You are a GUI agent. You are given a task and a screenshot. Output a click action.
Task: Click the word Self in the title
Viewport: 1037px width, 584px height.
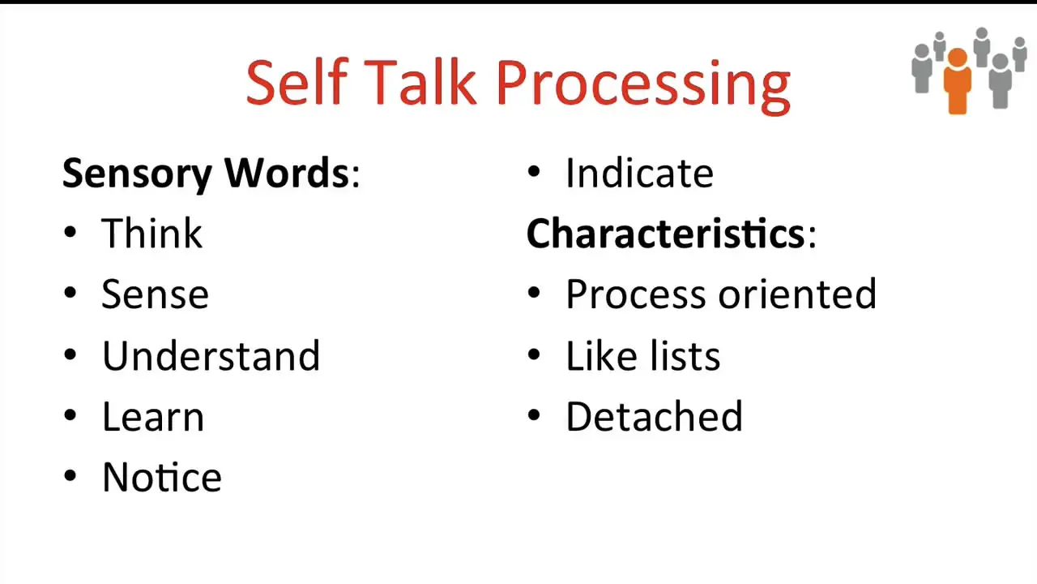tap(297, 83)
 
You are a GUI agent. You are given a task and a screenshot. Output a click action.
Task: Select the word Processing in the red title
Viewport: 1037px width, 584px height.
tap(643, 87)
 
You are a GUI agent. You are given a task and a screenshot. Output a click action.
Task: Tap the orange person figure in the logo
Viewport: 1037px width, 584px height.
tap(958, 82)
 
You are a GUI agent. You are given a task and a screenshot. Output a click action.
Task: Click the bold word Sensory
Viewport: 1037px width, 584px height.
tap(137, 174)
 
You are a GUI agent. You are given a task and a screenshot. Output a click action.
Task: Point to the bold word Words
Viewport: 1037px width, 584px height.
tap(287, 173)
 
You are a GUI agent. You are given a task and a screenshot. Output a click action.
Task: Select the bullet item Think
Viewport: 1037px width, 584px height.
tap(151, 233)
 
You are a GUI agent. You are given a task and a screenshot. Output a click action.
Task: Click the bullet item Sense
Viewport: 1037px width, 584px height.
tap(155, 294)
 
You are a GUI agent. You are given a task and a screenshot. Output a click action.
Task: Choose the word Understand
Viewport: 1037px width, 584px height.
tap(211, 355)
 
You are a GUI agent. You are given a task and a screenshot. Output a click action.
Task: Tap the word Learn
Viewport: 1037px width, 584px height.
tap(153, 417)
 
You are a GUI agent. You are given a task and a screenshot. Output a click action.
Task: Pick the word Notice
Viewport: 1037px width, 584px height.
tap(162, 477)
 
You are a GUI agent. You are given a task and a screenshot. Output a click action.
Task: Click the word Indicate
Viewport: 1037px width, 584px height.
tap(639, 173)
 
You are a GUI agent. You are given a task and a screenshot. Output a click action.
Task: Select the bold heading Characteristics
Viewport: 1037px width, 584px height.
tap(666, 233)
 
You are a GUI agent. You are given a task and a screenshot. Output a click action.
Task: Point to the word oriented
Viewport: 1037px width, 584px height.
tap(797, 294)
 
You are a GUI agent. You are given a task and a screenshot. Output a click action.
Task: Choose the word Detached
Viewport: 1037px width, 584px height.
tap(654, 416)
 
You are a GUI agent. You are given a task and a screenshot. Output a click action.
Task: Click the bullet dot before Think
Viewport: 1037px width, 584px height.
tap(70, 232)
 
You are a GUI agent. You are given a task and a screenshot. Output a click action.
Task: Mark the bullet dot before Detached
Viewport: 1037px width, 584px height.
tap(534, 414)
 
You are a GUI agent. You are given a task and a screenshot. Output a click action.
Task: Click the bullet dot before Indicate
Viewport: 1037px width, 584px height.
tap(534, 171)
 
